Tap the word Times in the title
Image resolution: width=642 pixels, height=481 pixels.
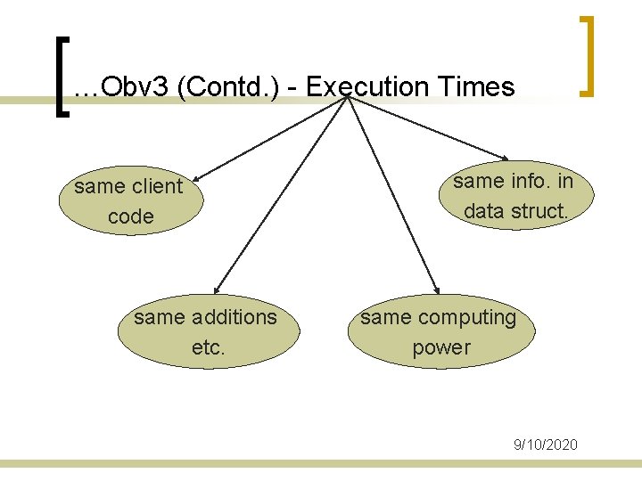[x=476, y=86]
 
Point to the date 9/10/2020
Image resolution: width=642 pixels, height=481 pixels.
[x=546, y=444]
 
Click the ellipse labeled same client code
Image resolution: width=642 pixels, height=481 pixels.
[x=130, y=201]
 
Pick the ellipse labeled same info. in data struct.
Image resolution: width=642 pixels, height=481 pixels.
[x=513, y=196]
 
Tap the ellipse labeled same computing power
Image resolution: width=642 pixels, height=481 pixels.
[x=440, y=331]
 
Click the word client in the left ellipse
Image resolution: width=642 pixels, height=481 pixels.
[x=156, y=187]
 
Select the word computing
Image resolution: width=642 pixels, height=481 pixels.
[x=468, y=317]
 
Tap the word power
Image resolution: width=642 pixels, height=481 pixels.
[x=440, y=347]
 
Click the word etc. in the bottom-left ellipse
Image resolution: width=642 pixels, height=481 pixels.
[x=208, y=347]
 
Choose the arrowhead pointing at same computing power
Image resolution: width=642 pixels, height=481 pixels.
[x=436, y=289]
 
